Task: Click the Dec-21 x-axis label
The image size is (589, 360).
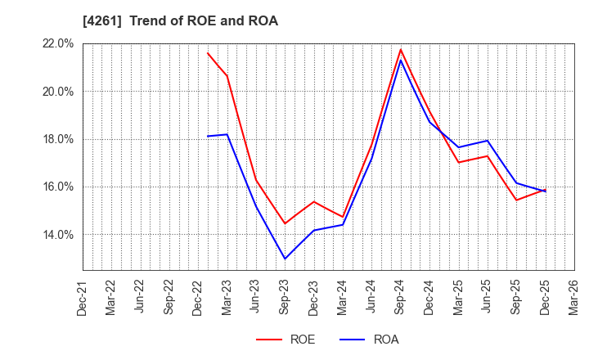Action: click(x=83, y=296)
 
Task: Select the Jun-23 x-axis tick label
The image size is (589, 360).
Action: click(x=256, y=296)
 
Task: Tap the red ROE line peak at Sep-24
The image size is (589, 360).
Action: click(x=401, y=49)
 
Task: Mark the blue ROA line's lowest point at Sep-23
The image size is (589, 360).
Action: click(x=285, y=259)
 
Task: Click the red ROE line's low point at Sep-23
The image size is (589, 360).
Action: click(x=285, y=223)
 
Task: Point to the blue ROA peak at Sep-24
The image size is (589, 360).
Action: click(x=401, y=60)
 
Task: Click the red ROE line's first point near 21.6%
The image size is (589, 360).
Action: click(x=208, y=53)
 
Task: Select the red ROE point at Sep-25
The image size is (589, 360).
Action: click(x=516, y=200)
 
